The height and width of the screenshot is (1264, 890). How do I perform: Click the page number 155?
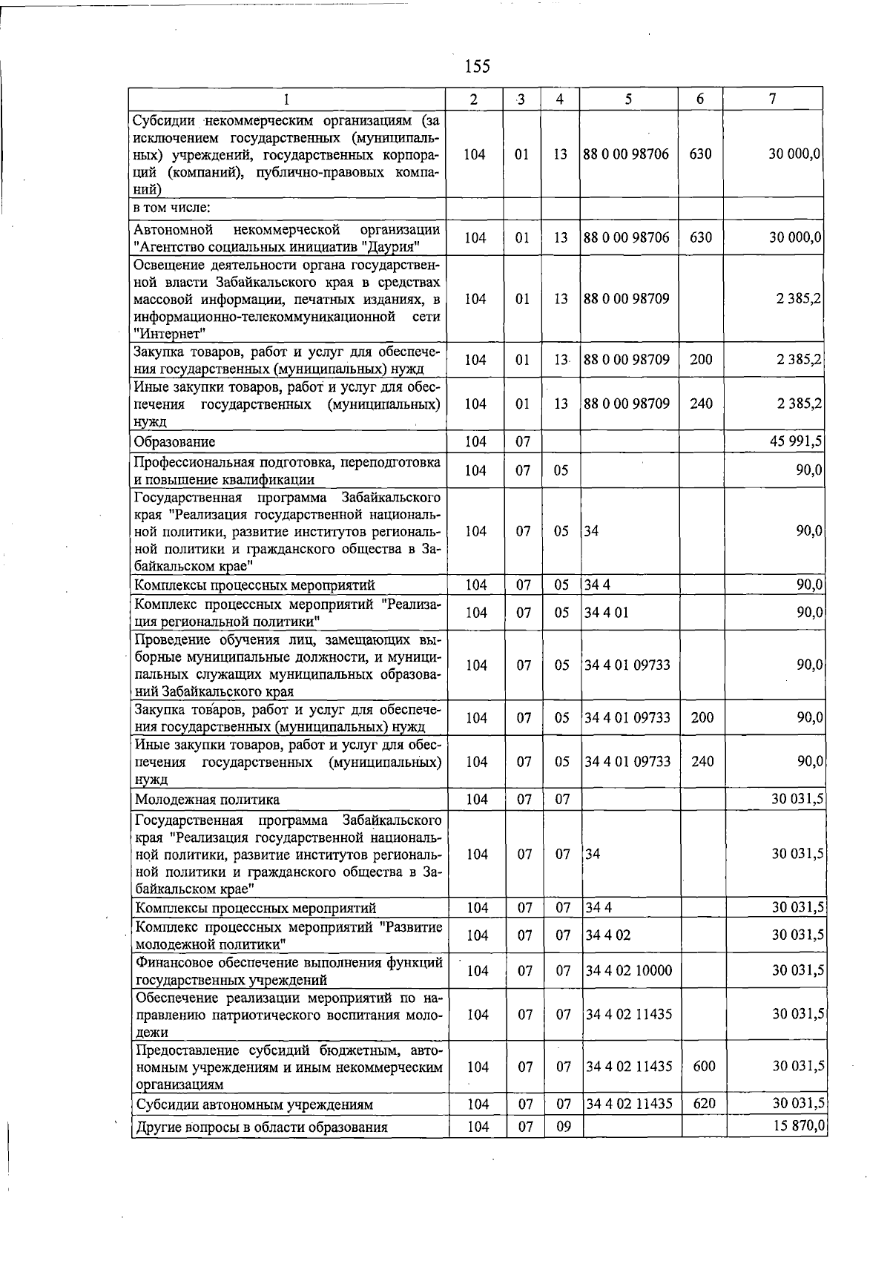pyautogui.click(x=477, y=67)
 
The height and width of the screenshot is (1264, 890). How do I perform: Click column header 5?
pyautogui.click(x=627, y=99)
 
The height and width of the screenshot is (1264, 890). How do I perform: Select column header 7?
pyautogui.click(x=773, y=99)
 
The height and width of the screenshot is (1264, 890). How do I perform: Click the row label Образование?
pyautogui.click(x=174, y=442)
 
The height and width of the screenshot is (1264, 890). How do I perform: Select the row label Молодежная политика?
pyautogui.click(x=207, y=800)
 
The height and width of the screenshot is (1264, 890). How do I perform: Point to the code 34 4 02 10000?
pyautogui.click(x=629, y=970)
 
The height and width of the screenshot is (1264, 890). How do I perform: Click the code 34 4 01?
pyautogui.click(x=606, y=613)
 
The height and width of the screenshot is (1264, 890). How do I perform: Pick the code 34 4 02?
pyautogui.click(x=607, y=935)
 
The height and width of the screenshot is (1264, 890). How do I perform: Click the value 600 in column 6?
pyautogui.click(x=704, y=1066)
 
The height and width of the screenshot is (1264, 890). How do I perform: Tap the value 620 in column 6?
pyautogui.click(x=704, y=1104)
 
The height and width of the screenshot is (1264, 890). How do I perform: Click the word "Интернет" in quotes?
pyautogui.click(x=169, y=334)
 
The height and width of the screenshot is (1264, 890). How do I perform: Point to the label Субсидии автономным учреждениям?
pyautogui.click(x=254, y=1105)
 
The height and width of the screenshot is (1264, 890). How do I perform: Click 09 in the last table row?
pyautogui.click(x=563, y=1128)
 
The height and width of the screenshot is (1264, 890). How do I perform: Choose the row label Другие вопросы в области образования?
pyautogui.click(x=262, y=1128)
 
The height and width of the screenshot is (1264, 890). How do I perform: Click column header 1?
pyautogui.click(x=286, y=99)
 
